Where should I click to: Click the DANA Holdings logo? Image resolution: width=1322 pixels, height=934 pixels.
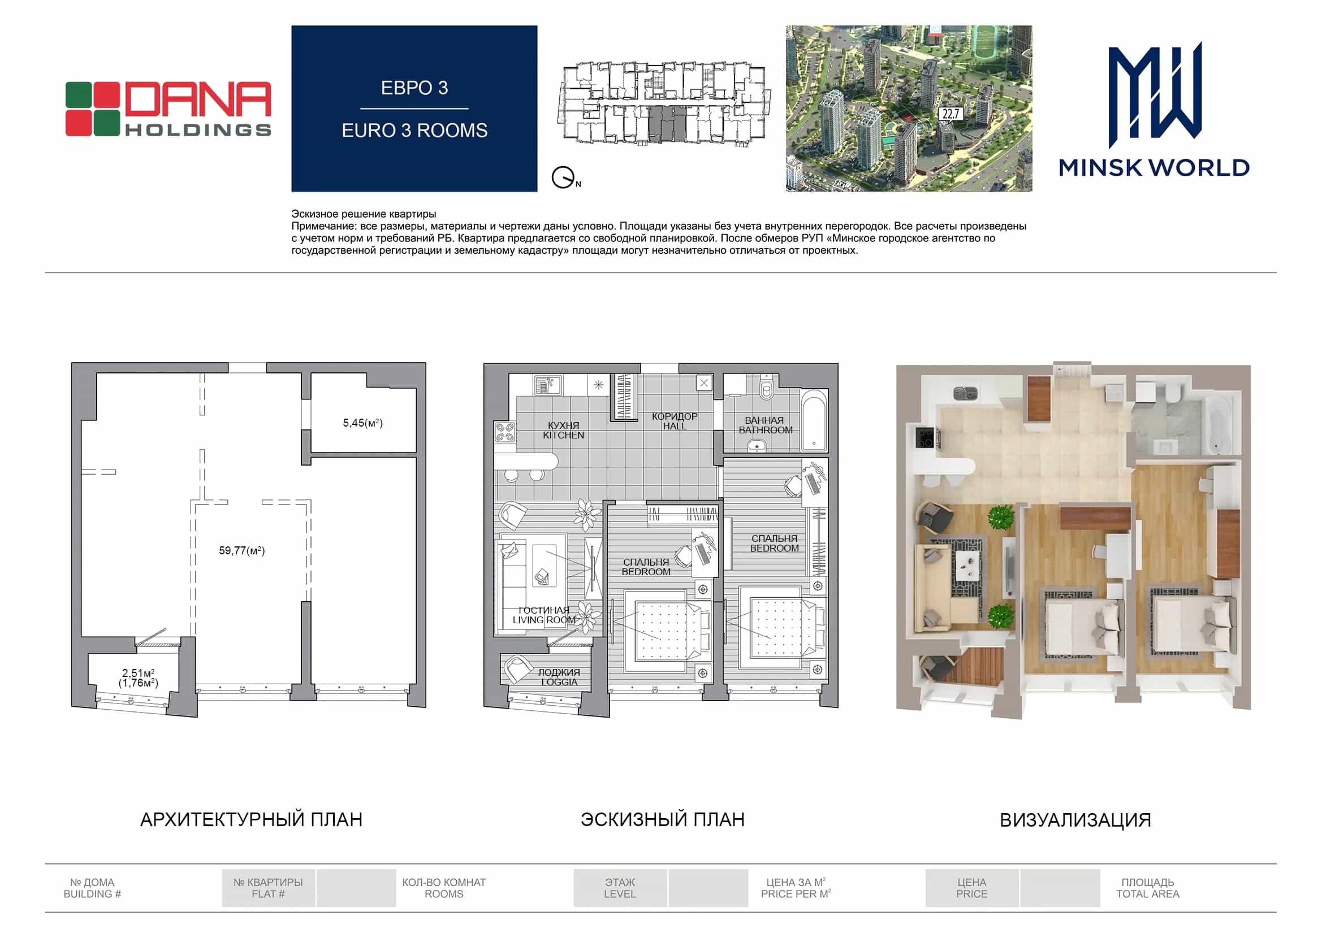167,108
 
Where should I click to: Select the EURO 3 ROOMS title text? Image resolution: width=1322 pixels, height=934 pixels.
414,131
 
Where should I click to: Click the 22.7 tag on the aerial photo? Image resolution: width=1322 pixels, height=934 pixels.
950,114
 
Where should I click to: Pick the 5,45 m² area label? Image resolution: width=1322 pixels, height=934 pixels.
363,423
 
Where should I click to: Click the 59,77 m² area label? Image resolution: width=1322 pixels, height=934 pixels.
242,551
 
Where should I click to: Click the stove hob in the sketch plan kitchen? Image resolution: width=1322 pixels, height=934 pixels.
505,432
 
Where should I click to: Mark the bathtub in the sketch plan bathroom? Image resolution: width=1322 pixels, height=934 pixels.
814,421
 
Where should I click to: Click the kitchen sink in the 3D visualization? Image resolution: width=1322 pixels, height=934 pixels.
965,394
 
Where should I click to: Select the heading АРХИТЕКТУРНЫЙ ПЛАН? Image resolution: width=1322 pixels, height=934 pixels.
252,819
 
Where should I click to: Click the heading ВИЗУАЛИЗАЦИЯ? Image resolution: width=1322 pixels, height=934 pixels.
1075,820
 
